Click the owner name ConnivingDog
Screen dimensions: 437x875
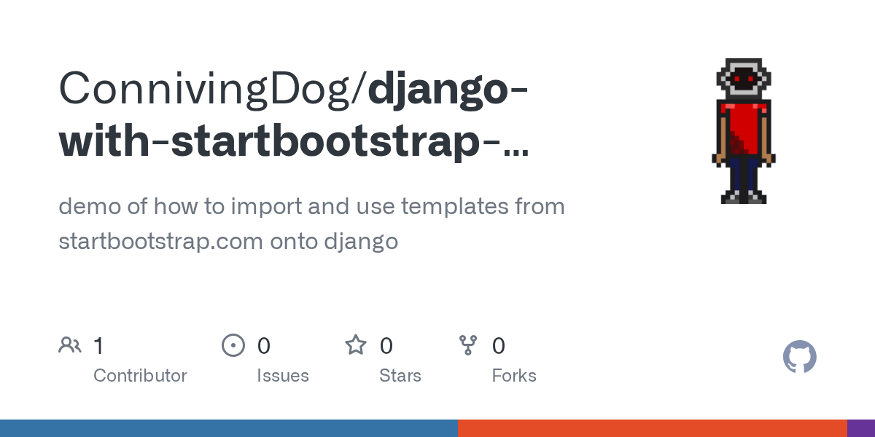pyautogui.click(x=208, y=89)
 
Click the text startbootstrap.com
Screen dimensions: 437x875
pyautogui.click(x=160, y=241)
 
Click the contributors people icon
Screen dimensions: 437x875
pyautogui.click(x=70, y=345)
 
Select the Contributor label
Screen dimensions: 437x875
pyautogui.click(x=140, y=376)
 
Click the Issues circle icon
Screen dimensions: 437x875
pyautogui.click(x=233, y=345)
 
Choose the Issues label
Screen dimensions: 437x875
pyautogui.click(x=283, y=376)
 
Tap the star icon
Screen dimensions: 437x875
pyautogui.click(x=356, y=345)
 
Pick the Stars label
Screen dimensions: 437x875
pyautogui.click(x=400, y=376)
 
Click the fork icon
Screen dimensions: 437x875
pyautogui.click(x=468, y=345)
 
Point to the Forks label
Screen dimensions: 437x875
pyautogui.click(x=514, y=376)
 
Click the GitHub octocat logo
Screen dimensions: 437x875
pyautogui.click(x=800, y=357)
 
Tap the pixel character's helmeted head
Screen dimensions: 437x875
pyautogui.click(x=744, y=78)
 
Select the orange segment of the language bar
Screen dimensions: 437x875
pyautogui.click(x=652, y=428)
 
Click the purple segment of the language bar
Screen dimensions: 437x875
pyautogui.click(x=861, y=428)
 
